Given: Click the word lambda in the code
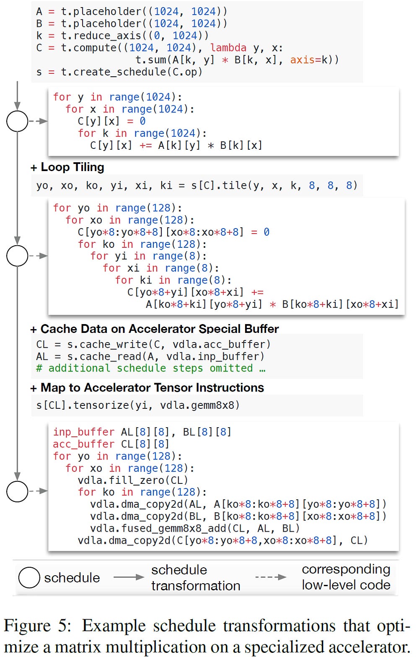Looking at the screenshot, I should [228, 48].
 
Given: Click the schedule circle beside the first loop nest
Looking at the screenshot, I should [17, 121].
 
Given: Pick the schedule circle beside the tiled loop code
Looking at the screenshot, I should [17, 256].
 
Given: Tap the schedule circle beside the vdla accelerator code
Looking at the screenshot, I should [17, 491].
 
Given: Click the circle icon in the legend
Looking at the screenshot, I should [29, 578].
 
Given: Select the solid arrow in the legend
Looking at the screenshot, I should [129, 577].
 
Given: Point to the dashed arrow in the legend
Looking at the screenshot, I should [271, 577].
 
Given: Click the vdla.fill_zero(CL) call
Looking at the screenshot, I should [133, 480].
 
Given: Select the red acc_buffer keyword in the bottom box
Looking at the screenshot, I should [83, 444].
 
